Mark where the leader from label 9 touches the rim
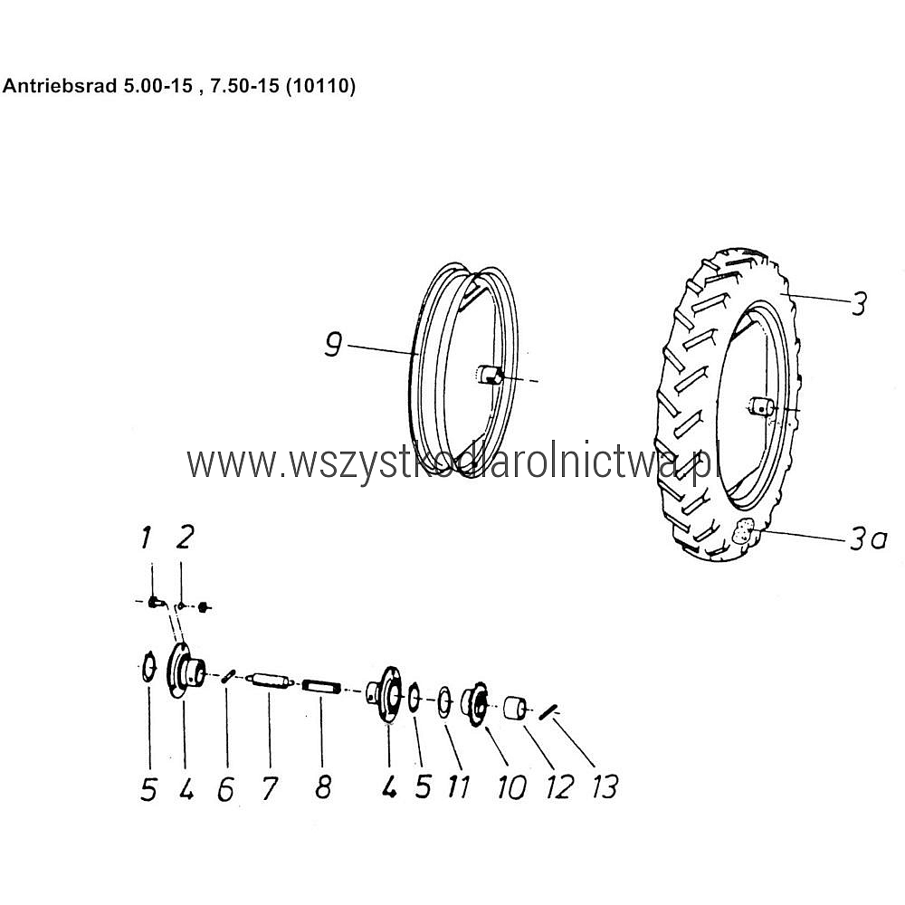[x=416, y=353]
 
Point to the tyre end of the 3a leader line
[x=752, y=529]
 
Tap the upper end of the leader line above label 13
[x=553, y=716]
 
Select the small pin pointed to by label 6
[x=227, y=675]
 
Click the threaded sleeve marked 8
[x=321, y=686]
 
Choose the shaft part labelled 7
[x=270, y=680]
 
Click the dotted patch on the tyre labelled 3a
[x=743, y=531]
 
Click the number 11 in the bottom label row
[x=460, y=786]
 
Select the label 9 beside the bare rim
[x=333, y=344]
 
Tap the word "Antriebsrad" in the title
[x=59, y=86]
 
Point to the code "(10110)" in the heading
[x=320, y=86]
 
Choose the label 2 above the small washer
[x=185, y=537]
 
